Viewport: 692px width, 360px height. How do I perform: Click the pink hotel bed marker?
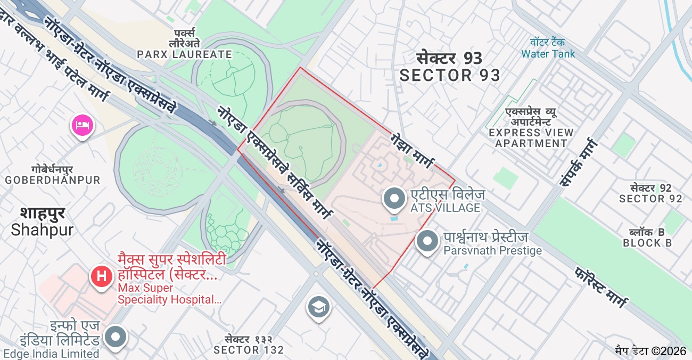point(83,126)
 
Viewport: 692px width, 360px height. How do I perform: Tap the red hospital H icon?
point(102,276)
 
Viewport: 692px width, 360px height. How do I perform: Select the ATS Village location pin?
point(394,198)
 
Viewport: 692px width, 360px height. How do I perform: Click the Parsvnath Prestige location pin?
point(427,241)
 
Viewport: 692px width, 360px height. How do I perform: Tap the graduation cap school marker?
point(318,307)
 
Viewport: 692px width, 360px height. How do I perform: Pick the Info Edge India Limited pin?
point(115,337)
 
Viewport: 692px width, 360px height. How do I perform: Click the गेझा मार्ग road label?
point(412,150)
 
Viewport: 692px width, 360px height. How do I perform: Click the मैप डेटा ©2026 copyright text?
point(650,351)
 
